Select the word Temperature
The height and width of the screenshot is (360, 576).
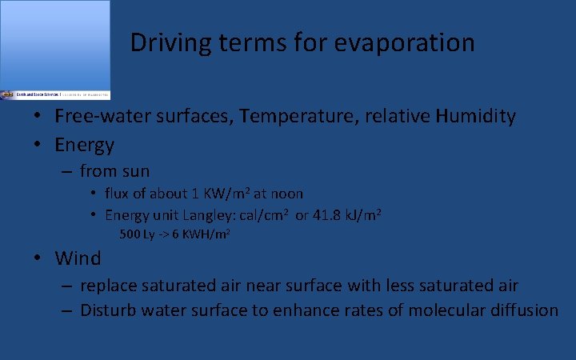point(294,116)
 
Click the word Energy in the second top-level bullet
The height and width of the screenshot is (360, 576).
point(84,146)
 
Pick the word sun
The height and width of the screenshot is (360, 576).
point(134,171)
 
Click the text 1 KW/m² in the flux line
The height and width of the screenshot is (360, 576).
point(218,194)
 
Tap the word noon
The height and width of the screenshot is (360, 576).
point(286,194)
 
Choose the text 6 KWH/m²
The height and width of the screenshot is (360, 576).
point(192,235)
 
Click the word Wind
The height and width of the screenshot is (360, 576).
point(78,258)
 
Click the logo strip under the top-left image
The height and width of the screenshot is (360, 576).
point(55,94)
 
